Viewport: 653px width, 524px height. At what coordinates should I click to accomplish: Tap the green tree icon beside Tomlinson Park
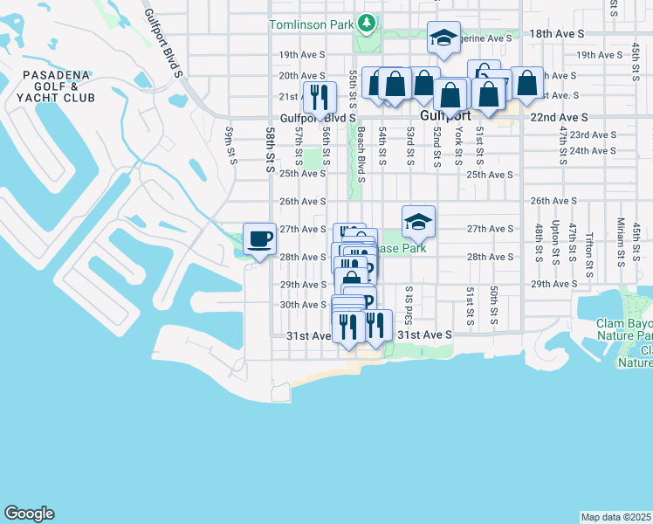368,22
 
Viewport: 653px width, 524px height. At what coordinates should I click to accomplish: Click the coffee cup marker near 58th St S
259,238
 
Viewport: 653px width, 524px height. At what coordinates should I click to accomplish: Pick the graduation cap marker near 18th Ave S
443,38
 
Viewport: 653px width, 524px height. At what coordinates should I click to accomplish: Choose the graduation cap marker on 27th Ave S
419,223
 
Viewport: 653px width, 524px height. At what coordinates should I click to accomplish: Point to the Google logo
28,514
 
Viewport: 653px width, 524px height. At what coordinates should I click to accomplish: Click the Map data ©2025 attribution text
615,517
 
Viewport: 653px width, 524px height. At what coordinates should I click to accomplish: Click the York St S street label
458,144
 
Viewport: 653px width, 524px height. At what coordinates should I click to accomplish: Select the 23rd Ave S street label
588,134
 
